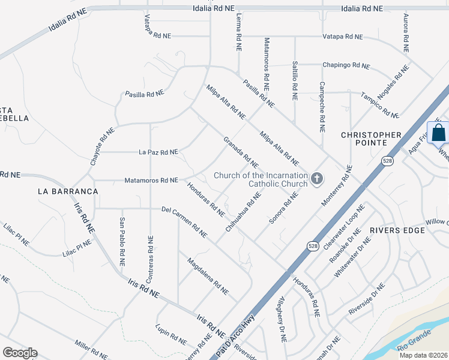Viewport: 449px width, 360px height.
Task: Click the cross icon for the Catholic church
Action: (316, 178)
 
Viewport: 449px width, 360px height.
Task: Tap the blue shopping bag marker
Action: (439, 133)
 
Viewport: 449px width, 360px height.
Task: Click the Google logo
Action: (20, 353)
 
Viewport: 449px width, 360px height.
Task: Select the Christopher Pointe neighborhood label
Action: (379, 139)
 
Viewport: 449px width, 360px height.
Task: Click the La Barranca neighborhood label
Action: (67, 191)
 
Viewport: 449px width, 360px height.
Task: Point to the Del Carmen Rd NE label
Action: (184, 221)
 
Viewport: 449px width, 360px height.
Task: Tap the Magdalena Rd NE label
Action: (207, 276)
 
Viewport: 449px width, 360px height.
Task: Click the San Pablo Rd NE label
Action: (122, 241)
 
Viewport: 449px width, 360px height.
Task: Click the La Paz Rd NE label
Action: (158, 152)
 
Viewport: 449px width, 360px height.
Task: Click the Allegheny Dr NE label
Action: (281, 317)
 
